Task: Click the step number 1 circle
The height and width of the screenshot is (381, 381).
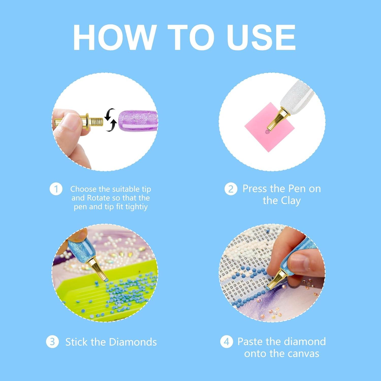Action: (56, 189)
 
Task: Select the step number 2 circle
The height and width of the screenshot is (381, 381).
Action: (231, 189)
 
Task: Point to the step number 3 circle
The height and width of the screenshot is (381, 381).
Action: (52, 342)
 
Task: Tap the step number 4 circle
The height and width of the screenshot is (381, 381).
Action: (226, 342)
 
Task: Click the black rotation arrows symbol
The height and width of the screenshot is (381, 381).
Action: (110, 120)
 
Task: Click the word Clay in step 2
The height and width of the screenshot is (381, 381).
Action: (291, 201)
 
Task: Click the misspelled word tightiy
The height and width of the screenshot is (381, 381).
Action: (135, 207)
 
